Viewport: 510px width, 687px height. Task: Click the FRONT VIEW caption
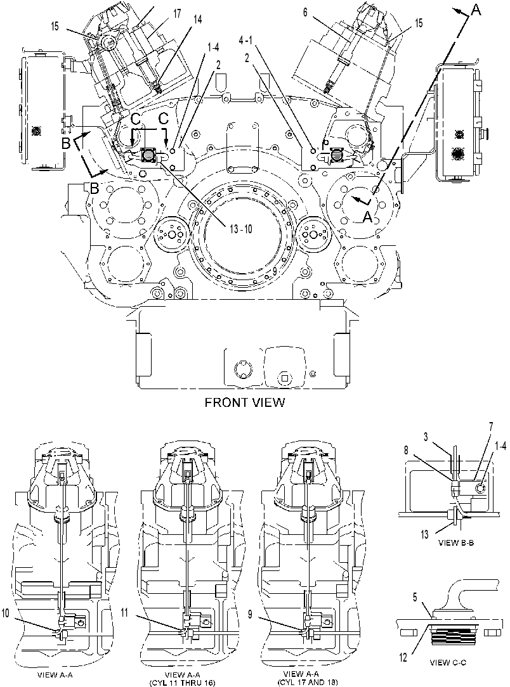pos(245,402)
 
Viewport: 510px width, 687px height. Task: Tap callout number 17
pos(177,13)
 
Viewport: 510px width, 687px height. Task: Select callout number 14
pos(198,20)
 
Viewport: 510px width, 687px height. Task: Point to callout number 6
pos(305,12)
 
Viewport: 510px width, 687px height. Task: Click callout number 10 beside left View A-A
pos(5,613)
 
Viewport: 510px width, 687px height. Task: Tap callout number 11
pos(124,612)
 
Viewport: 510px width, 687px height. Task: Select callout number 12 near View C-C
pos(403,657)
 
